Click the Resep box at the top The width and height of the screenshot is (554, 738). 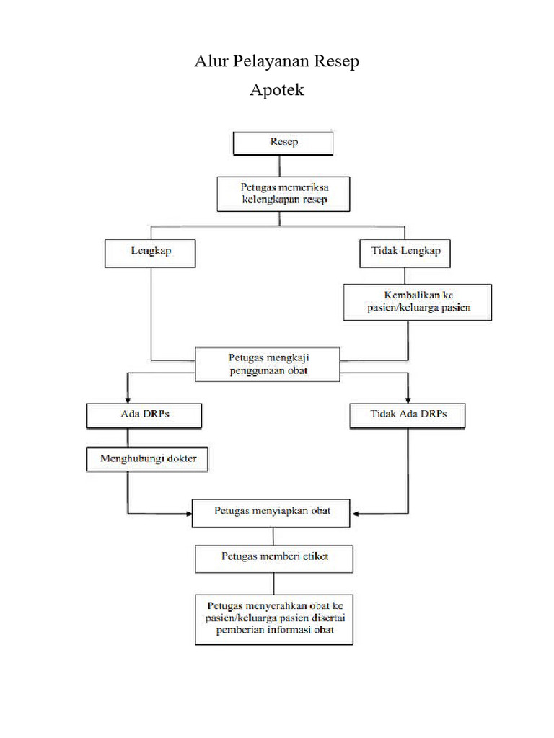coord(283,142)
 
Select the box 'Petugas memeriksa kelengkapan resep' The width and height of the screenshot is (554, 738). coord(283,193)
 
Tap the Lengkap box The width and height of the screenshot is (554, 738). coord(150,252)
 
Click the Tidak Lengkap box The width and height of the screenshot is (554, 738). coord(405,252)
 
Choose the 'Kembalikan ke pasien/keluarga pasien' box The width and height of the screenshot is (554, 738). coord(418,302)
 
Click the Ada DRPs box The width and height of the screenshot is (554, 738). coord(143,414)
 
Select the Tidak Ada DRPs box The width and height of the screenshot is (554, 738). coord(408,415)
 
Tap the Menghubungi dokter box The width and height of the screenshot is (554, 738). coord(147,458)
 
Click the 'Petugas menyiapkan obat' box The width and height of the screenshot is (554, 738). coord(273,511)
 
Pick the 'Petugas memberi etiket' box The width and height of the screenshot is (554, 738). coord(273,557)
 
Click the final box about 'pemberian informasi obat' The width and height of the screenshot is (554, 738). coord(273,618)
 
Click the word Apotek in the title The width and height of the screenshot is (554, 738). coord(277,91)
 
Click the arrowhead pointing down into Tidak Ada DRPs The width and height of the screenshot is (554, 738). coord(408,399)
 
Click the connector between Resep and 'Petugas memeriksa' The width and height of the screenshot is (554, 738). coord(283,164)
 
